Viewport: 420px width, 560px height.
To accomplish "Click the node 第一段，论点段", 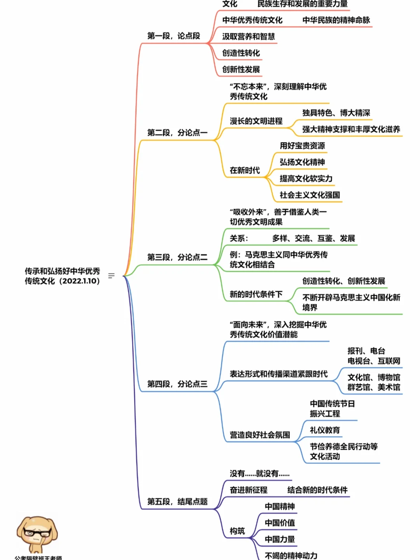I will pyautogui.click(x=173, y=36).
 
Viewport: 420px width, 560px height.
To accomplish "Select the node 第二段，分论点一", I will pyautogui.click(x=177, y=133).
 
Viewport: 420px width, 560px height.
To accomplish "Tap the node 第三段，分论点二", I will pyautogui.click(x=177, y=257).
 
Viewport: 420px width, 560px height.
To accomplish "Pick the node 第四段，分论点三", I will pyautogui.click(x=177, y=384).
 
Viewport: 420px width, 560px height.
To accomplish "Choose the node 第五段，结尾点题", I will pyautogui.click(x=177, y=502).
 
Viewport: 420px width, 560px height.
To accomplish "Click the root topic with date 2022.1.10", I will pyautogui.click(x=62, y=276).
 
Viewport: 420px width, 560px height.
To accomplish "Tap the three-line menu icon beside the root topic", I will pyautogui.click(x=112, y=276).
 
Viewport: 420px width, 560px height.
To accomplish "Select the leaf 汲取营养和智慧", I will pyautogui.click(x=248, y=37).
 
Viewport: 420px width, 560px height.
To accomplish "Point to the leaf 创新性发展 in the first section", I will pyautogui.click(x=241, y=69).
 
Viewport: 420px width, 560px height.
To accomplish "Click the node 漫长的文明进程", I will pyautogui.click(x=256, y=121).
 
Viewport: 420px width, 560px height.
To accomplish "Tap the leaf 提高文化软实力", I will pyautogui.click(x=306, y=179).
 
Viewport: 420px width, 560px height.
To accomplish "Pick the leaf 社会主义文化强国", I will pyautogui.click(x=310, y=195).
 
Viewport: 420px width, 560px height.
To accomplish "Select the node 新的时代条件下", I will pyautogui.click(x=256, y=294).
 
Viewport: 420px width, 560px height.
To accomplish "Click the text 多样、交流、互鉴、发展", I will pyautogui.click(x=313, y=239).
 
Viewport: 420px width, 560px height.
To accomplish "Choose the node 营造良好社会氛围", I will pyautogui.click(x=260, y=435).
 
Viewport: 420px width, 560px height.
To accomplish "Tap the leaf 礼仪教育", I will pyautogui.click(x=325, y=430).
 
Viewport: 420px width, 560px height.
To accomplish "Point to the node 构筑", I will pyautogui.click(x=237, y=531).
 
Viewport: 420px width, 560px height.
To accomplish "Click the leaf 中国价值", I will pyautogui.click(x=280, y=523).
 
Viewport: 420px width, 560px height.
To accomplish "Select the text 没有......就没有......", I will pyautogui.click(x=259, y=474).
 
